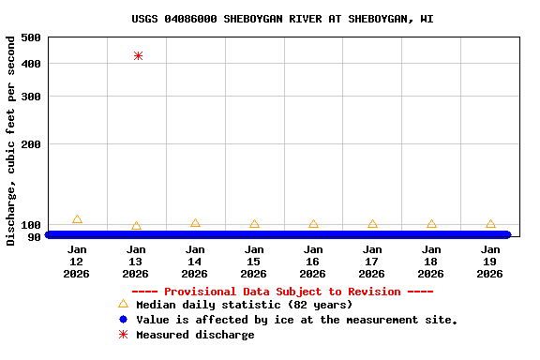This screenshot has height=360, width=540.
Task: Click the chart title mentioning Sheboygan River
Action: point(282,19)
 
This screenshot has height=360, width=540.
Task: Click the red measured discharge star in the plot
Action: point(138,56)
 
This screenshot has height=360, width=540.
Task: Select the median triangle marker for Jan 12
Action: point(77,219)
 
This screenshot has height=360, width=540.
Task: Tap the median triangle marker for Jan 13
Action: point(136,226)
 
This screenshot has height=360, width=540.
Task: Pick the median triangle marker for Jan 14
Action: point(195,223)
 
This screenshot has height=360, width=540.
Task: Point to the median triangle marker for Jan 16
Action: point(313,224)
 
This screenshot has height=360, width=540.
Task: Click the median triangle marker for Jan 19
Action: point(490,224)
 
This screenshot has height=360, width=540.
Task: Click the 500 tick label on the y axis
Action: point(30,37)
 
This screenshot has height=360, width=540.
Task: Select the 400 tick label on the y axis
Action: point(30,64)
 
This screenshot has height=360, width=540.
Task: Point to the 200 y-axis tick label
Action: point(30,144)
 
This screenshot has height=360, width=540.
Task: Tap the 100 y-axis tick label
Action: point(30,225)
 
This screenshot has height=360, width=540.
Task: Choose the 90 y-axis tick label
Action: point(34,237)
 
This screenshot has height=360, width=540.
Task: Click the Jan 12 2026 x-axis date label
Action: point(77,262)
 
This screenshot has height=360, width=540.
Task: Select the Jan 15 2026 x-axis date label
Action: point(254,262)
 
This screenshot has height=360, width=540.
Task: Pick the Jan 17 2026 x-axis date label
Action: point(372,262)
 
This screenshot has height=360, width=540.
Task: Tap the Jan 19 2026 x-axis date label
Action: point(490,262)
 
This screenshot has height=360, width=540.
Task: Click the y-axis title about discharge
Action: point(11,141)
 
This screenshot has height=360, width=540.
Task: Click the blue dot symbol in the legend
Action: point(123,320)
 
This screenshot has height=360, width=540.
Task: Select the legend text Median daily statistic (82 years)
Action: point(244,305)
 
